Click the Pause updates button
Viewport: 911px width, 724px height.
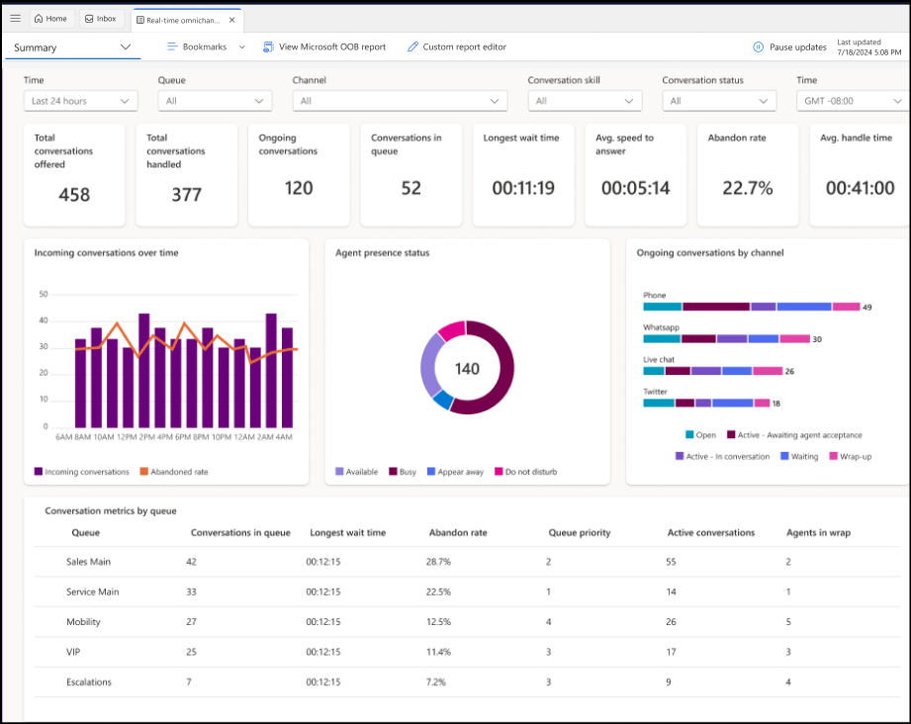point(788,46)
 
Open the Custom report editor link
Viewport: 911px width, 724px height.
point(456,46)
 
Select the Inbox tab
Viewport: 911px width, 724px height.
point(100,19)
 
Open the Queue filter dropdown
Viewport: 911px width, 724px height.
point(215,101)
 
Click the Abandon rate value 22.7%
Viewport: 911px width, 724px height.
point(747,188)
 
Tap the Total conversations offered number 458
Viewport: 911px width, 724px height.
point(74,195)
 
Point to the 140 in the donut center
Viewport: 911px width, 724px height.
point(467,369)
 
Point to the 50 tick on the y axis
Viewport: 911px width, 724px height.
point(44,294)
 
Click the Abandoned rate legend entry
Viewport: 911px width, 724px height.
point(173,472)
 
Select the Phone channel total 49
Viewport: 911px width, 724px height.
point(866,308)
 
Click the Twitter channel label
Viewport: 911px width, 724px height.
point(655,392)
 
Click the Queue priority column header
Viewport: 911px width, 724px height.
point(580,532)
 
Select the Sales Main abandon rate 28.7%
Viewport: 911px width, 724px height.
point(438,562)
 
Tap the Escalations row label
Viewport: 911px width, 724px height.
point(89,682)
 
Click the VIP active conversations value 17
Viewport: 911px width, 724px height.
point(672,652)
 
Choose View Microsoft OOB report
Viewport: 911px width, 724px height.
point(323,46)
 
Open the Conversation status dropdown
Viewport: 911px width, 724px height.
point(719,101)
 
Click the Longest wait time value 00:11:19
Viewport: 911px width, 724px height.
point(522,188)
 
